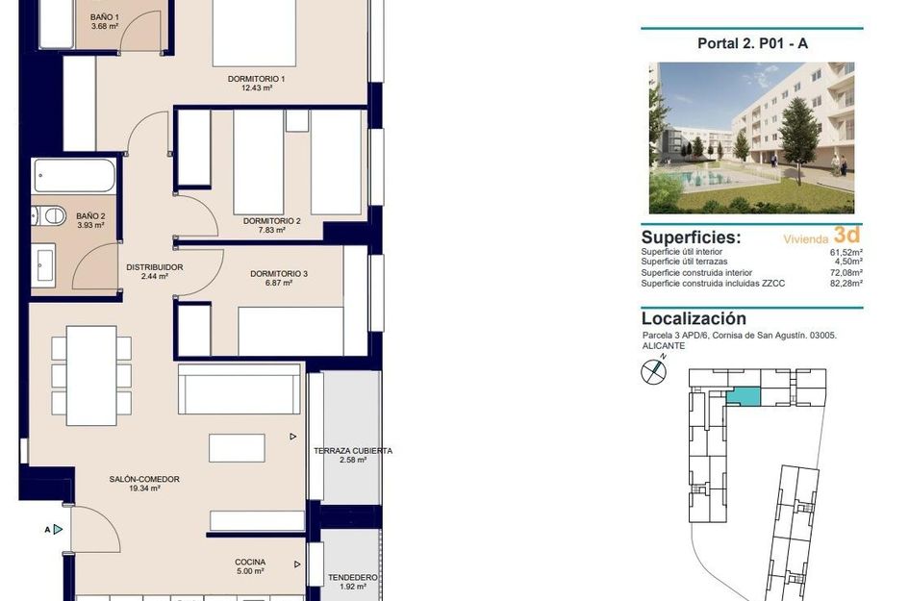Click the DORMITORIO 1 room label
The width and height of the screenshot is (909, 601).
257,79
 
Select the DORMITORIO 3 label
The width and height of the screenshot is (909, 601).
279,274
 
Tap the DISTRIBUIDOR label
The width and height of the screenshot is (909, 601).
154,267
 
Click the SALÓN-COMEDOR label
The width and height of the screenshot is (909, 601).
144,479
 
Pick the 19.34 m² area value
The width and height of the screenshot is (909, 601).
144,488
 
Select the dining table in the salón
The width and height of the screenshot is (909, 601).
91,375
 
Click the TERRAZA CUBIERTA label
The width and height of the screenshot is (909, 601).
353,450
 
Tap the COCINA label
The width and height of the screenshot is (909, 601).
250,563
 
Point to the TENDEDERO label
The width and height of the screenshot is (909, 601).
353,578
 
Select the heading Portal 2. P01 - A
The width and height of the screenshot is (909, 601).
751,43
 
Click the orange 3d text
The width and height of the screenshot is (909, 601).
846,235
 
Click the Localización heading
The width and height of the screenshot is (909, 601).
693,318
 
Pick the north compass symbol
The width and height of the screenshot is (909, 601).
654,369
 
